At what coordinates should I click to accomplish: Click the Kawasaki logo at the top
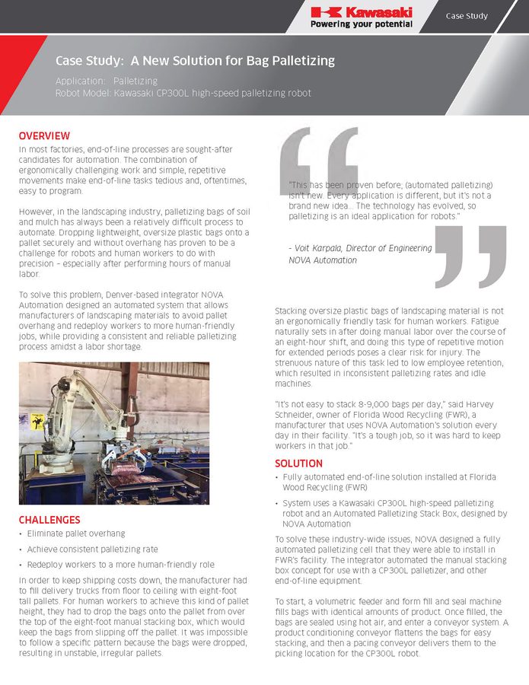pos(362,11)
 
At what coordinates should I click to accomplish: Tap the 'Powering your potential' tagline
pos(362,24)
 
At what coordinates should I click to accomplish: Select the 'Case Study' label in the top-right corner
pos(467,16)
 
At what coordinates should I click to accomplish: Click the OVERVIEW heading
pos(44,135)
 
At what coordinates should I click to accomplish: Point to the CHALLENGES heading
pos(49,520)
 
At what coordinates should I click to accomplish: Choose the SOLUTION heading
pos(298,463)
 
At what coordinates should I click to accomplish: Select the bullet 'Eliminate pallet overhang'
pos(76,534)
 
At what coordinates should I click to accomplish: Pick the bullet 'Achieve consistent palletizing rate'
pos(92,549)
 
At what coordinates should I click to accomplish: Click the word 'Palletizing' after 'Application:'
pos(135,80)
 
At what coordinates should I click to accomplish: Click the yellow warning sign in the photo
pos(37,421)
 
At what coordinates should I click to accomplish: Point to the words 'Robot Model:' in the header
pos(82,93)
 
